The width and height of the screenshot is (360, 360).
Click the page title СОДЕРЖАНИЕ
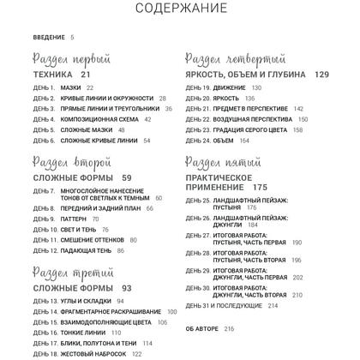point(180,9)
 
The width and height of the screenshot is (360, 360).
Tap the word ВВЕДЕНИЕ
point(49,37)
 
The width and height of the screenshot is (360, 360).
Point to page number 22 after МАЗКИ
point(90,87)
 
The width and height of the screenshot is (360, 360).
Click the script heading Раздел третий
point(73,273)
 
